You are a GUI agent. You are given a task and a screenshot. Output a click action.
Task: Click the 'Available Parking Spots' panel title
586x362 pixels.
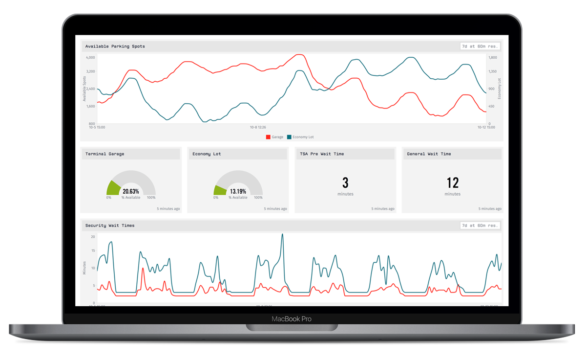click(115, 46)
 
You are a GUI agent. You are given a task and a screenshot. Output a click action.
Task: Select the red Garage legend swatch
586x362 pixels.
click(268, 137)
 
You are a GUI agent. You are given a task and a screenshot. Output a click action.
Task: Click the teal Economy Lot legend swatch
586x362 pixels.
click(289, 137)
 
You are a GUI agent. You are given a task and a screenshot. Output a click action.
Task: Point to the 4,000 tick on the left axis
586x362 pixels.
click(90, 57)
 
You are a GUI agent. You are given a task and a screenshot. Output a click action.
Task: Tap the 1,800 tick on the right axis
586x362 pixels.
click(493, 57)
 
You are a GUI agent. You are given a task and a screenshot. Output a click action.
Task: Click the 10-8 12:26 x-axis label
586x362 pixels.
click(258, 127)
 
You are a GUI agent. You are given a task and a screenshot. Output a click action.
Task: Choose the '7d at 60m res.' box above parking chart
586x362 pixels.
click(480, 46)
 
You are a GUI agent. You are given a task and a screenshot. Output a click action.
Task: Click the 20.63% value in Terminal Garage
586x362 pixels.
click(131, 191)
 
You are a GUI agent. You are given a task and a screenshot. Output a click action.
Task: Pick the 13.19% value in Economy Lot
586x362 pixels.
click(238, 191)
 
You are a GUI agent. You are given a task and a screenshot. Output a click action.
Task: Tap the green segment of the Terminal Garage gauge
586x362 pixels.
click(113, 188)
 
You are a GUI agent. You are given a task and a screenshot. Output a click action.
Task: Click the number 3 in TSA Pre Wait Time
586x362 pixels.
click(345, 183)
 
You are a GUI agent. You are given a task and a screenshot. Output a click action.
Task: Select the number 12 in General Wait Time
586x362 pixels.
click(452, 183)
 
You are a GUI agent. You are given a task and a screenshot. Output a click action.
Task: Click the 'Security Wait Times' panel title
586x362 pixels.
click(110, 226)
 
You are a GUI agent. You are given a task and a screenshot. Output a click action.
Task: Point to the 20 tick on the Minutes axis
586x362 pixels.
click(93, 237)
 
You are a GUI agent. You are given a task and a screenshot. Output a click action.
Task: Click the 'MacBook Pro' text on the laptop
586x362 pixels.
click(292, 319)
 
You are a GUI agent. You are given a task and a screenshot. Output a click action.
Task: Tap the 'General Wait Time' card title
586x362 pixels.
click(429, 154)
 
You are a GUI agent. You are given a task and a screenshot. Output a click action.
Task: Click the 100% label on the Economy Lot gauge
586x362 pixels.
click(258, 198)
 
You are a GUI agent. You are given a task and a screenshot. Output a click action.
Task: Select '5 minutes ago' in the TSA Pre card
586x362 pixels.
click(383, 209)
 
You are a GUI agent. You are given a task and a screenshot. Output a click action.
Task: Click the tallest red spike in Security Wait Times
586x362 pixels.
click(143, 269)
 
